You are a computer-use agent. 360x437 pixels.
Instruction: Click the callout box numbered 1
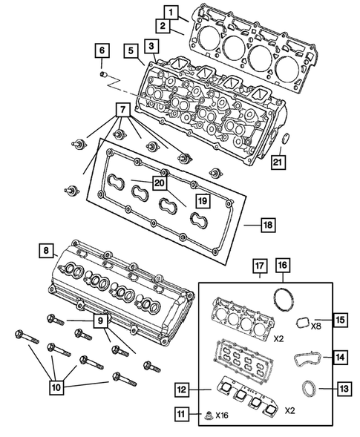(x=171, y=12)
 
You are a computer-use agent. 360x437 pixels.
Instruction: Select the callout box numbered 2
(x=160, y=27)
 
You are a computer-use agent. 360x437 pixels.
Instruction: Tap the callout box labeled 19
(x=202, y=200)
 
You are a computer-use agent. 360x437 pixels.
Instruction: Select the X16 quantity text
(x=223, y=414)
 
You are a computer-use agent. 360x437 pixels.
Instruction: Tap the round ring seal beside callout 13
(x=307, y=389)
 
